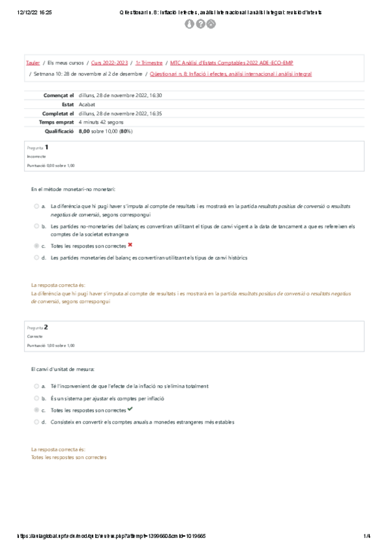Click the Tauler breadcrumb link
coord(32,63)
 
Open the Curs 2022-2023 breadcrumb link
coord(109,63)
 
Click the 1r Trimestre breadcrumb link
coord(148,63)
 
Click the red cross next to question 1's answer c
coord(130,245)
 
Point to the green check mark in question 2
coord(130,409)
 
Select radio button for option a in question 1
coord(36,206)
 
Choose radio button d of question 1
coord(36,257)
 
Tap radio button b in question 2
coord(36,398)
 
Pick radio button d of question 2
coord(36,421)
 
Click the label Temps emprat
coord(56,121)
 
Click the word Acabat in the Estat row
coord(86,104)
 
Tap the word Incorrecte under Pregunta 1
coord(36,156)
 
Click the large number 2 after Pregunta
coord(46,327)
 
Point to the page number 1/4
coord(367,536)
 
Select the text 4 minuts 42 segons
coord(101,121)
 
